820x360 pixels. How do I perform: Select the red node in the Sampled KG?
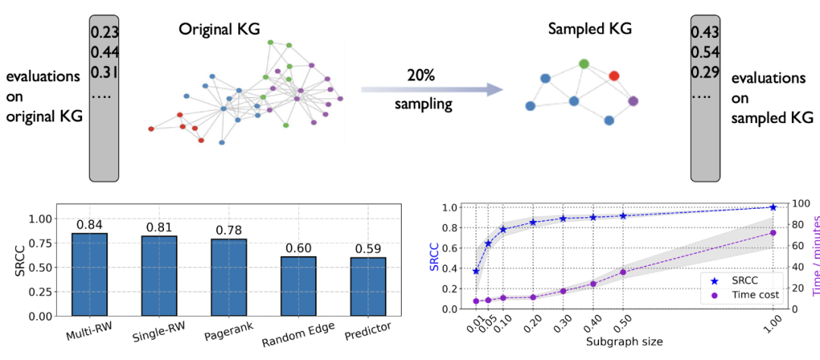pos(614,76)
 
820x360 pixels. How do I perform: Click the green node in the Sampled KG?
pos(584,64)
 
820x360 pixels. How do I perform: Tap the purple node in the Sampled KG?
pos(633,101)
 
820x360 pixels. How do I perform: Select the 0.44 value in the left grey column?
pos(103,52)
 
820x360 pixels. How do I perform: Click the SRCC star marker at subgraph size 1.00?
pos(773,207)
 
